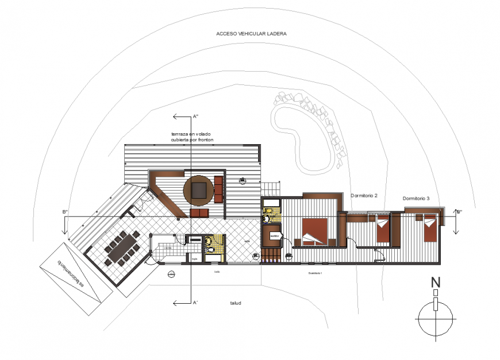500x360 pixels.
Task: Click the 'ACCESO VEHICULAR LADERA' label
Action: tap(251, 33)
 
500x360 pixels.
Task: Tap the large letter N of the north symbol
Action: tap(436, 282)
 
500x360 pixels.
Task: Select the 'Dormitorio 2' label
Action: tap(364, 196)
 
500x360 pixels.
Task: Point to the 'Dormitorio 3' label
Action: tap(416, 199)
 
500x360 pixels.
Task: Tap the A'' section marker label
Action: tap(195, 117)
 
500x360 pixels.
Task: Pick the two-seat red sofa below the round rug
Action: tap(199, 214)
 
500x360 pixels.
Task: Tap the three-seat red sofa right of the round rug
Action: tap(218, 189)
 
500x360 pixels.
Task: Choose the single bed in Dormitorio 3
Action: tap(430, 229)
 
